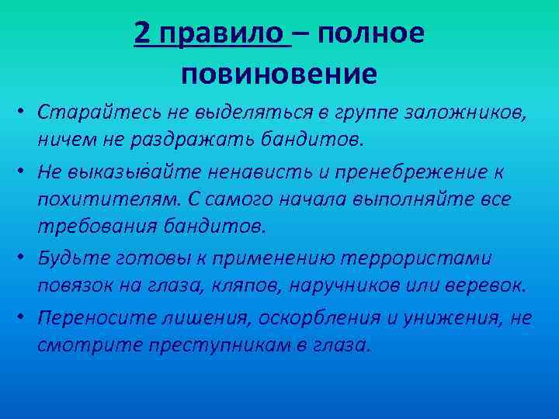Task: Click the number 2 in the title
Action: coord(142,33)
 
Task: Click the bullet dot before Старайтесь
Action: coord(25,114)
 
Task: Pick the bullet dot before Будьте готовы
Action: coord(25,257)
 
